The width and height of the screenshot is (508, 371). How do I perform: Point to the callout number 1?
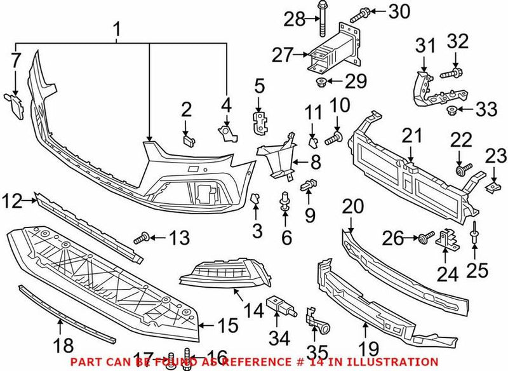pyautogui.click(x=116, y=29)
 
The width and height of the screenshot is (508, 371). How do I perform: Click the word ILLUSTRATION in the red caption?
pyautogui.click(x=394, y=361)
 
